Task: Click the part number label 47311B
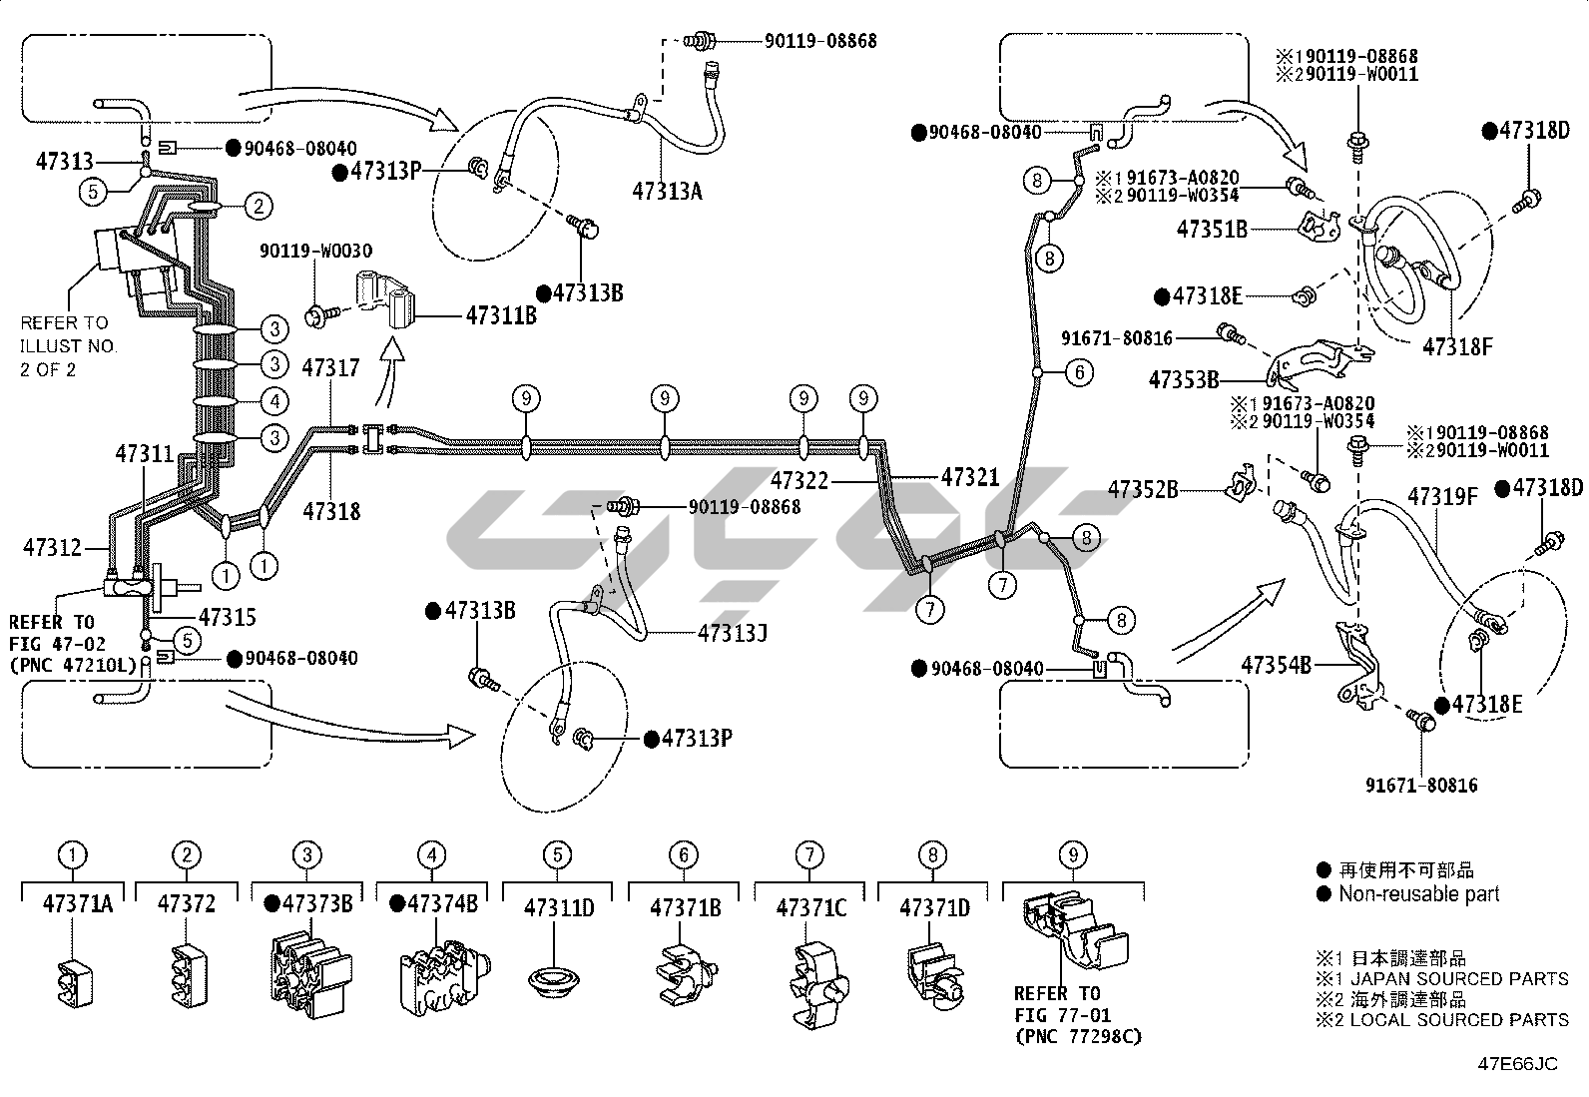tap(501, 315)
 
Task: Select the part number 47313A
tap(667, 191)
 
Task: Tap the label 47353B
tap(1183, 380)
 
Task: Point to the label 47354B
tap(1277, 665)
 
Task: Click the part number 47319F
tap(1443, 497)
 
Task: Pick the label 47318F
tap(1458, 346)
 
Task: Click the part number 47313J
tap(733, 633)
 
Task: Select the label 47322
tap(799, 481)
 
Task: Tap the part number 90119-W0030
tap(315, 251)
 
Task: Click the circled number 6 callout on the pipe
tap(1080, 371)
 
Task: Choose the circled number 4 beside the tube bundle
tap(275, 401)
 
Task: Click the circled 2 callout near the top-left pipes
tap(259, 207)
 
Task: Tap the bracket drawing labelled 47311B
tap(384, 299)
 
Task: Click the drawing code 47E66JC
tap(1517, 1064)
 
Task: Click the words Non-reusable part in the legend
tap(1418, 894)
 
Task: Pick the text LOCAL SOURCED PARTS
tap(1459, 1020)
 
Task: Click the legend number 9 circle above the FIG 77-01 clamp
tap(1073, 855)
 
